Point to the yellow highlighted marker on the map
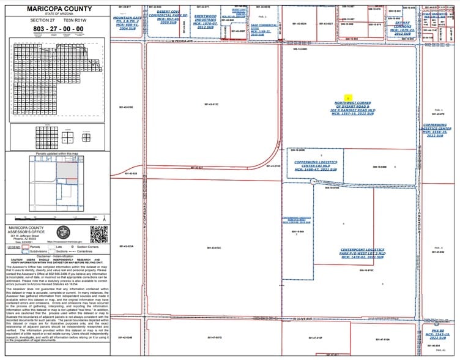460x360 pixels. [x=347, y=98]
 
